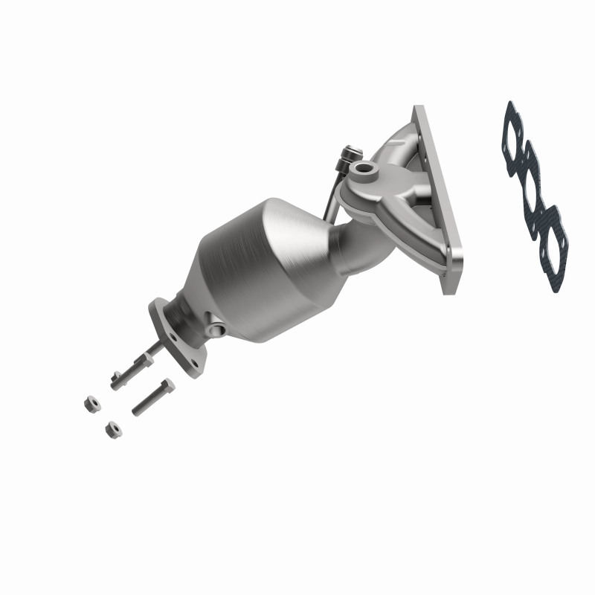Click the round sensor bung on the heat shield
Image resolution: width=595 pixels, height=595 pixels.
[x=365, y=171]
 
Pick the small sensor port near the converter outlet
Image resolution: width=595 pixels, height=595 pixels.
[x=216, y=328]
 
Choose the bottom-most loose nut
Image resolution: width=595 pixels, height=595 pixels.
[x=111, y=429]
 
